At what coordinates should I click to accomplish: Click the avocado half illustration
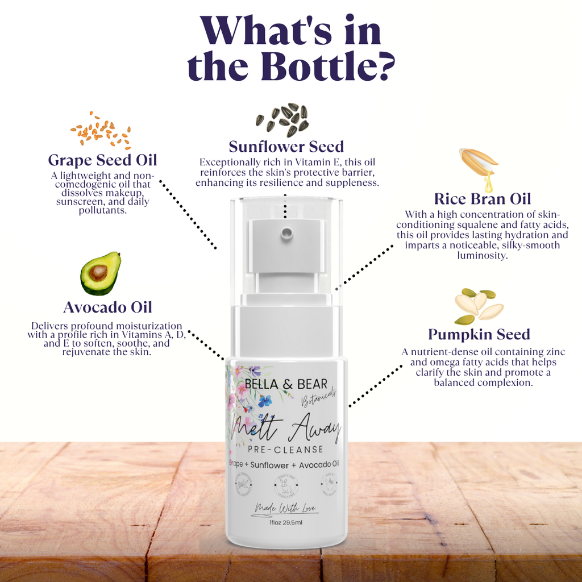point(101,273)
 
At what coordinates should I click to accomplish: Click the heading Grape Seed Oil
point(102,160)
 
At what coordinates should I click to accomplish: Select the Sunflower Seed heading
point(286,147)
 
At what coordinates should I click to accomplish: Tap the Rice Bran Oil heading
point(482,199)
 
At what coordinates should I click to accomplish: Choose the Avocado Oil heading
point(107,307)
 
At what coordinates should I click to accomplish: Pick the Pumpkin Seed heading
point(479,334)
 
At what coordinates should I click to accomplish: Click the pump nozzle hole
point(285,231)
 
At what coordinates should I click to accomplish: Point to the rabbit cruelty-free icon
point(285,487)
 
